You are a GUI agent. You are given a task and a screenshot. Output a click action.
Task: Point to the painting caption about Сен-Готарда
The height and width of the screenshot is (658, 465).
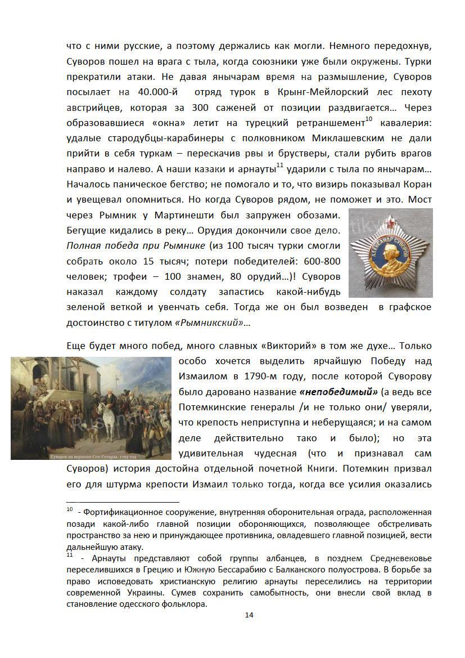pyautogui.click(x=89, y=455)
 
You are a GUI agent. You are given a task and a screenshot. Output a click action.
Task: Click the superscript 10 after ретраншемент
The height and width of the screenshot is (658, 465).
pyautogui.click(x=369, y=119)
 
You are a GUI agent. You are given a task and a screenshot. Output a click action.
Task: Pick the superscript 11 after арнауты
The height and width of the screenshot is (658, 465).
pyautogui.click(x=280, y=165)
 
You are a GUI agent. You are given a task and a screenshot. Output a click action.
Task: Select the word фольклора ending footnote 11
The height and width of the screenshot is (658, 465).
pyautogui.click(x=183, y=605)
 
